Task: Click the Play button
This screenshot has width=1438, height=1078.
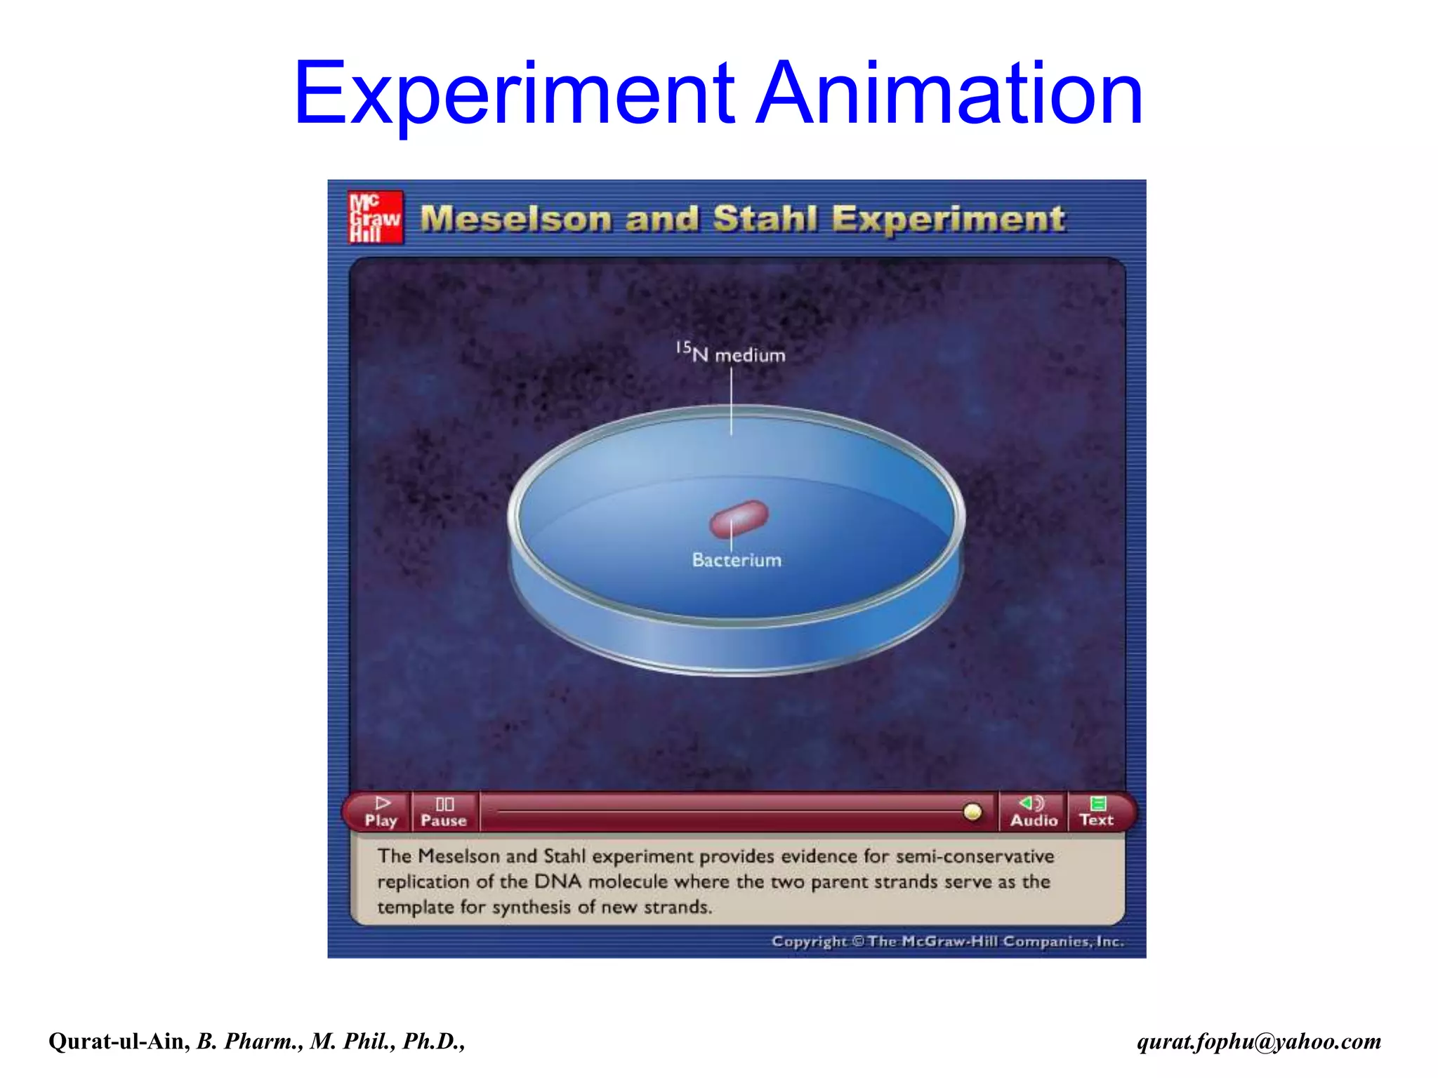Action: tap(381, 812)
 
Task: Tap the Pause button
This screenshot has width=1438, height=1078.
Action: tap(444, 812)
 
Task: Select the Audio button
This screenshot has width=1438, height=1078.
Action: tap(1034, 812)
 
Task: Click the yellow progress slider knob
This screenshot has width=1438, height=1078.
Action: tap(972, 812)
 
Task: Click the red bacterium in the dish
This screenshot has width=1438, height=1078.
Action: tap(739, 518)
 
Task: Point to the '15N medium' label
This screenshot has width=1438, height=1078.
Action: tap(731, 352)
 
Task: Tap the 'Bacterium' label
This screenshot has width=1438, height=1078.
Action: tap(737, 560)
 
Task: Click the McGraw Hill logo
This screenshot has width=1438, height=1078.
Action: tap(376, 218)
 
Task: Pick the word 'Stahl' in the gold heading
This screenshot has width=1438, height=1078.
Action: tap(765, 219)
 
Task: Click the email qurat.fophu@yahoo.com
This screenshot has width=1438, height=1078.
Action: tap(1259, 1041)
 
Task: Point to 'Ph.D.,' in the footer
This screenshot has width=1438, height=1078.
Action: tap(433, 1041)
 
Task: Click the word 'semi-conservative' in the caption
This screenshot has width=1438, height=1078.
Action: tap(975, 856)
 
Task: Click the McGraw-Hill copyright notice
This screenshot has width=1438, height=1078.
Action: tap(948, 941)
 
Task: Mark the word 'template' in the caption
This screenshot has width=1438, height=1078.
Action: tap(415, 907)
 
